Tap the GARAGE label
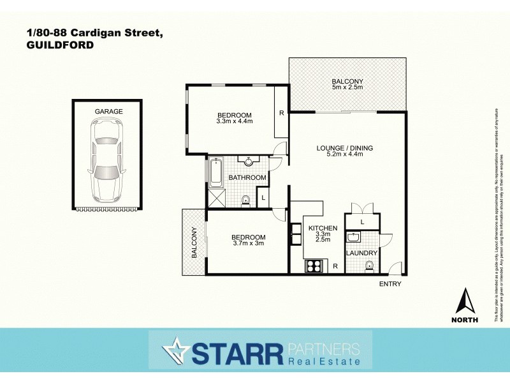coord(108,111)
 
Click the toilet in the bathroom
coord(245,201)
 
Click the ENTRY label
coord(390,283)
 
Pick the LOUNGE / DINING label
coord(345,148)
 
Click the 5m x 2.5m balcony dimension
coord(347,87)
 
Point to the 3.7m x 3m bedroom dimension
coord(248,243)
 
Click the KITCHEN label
coord(323,228)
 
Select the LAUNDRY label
coord(361,253)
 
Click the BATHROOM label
coord(247,177)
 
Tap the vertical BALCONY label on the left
coord(194,243)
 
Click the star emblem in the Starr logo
coord(174,350)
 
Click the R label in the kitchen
coord(335,266)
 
